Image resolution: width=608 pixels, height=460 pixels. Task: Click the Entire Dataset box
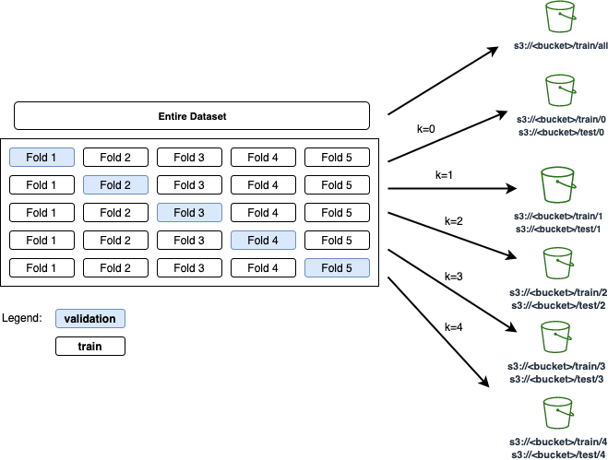pos(192,116)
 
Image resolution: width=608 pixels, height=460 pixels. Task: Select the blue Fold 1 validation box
pos(42,158)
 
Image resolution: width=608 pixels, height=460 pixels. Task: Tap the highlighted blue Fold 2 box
pos(115,185)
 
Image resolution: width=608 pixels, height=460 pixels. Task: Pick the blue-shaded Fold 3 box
pos(189,213)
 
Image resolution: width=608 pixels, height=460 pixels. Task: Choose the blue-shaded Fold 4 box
pos(263,241)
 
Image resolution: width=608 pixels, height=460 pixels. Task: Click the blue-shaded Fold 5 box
pos(337,268)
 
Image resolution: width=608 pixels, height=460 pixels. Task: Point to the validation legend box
pos(89,319)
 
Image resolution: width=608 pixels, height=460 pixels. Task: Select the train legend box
pos(89,347)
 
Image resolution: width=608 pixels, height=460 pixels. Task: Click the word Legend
pos(22,318)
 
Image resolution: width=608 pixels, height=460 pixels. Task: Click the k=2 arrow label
pos(453,222)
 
